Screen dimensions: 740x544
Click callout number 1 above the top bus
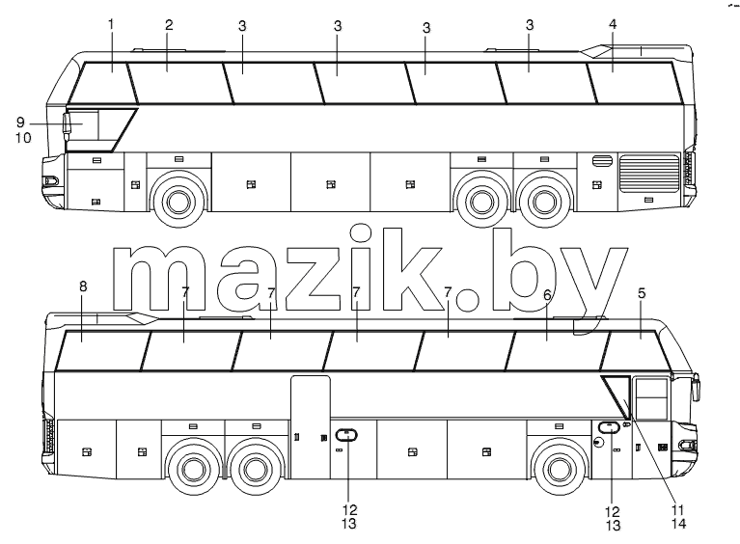coord(111,24)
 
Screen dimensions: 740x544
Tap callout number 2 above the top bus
coord(169,25)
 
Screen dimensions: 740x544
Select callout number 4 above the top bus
coord(613,24)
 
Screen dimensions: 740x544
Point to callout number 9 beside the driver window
coord(20,122)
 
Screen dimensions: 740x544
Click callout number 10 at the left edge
coord(23,138)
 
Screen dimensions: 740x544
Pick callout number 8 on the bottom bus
coord(83,286)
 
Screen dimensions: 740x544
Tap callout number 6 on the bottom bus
coord(547,295)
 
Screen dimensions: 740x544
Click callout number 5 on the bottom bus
coord(642,293)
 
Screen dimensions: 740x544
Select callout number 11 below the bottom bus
coord(677,510)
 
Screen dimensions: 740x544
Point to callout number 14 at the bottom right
coord(677,524)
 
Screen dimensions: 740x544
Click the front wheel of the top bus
coord(178,202)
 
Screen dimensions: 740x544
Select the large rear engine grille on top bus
coord(649,174)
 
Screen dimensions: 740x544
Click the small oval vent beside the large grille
coord(602,160)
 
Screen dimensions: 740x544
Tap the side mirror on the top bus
coord(66,126)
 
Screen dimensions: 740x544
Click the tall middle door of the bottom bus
coord(310,427)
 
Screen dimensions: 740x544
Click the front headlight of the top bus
coord(50,180)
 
